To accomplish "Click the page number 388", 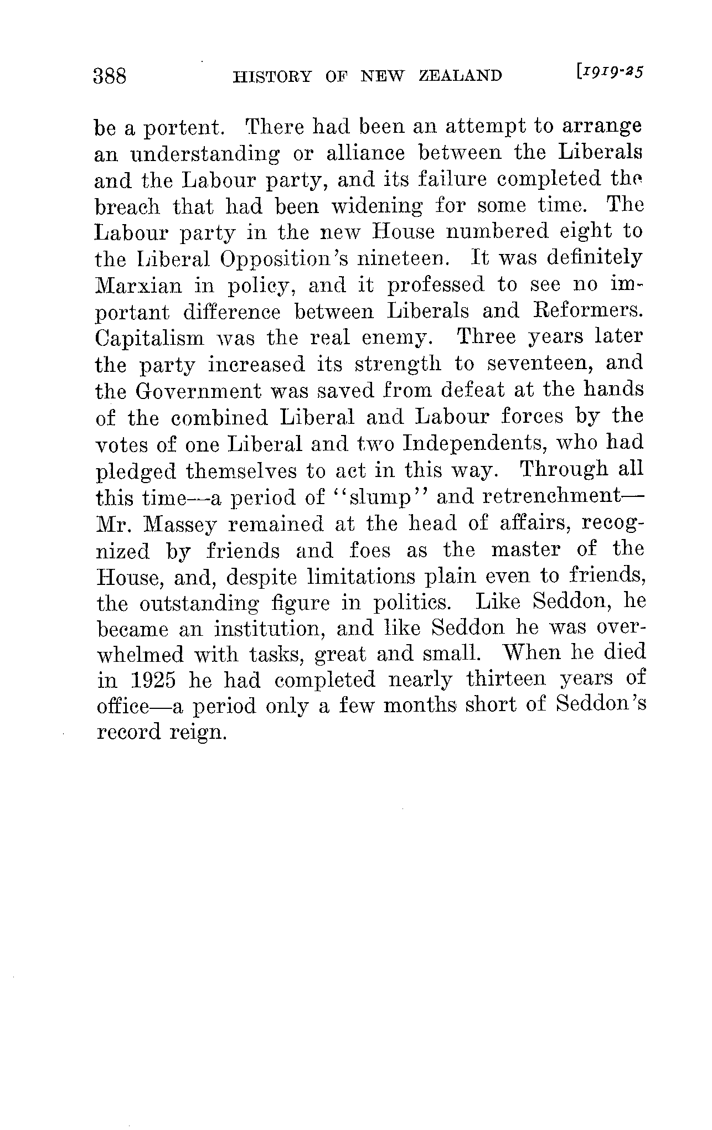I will click(111, 76).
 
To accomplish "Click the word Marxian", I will click(138, 286).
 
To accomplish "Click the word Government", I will click(198, 390).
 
